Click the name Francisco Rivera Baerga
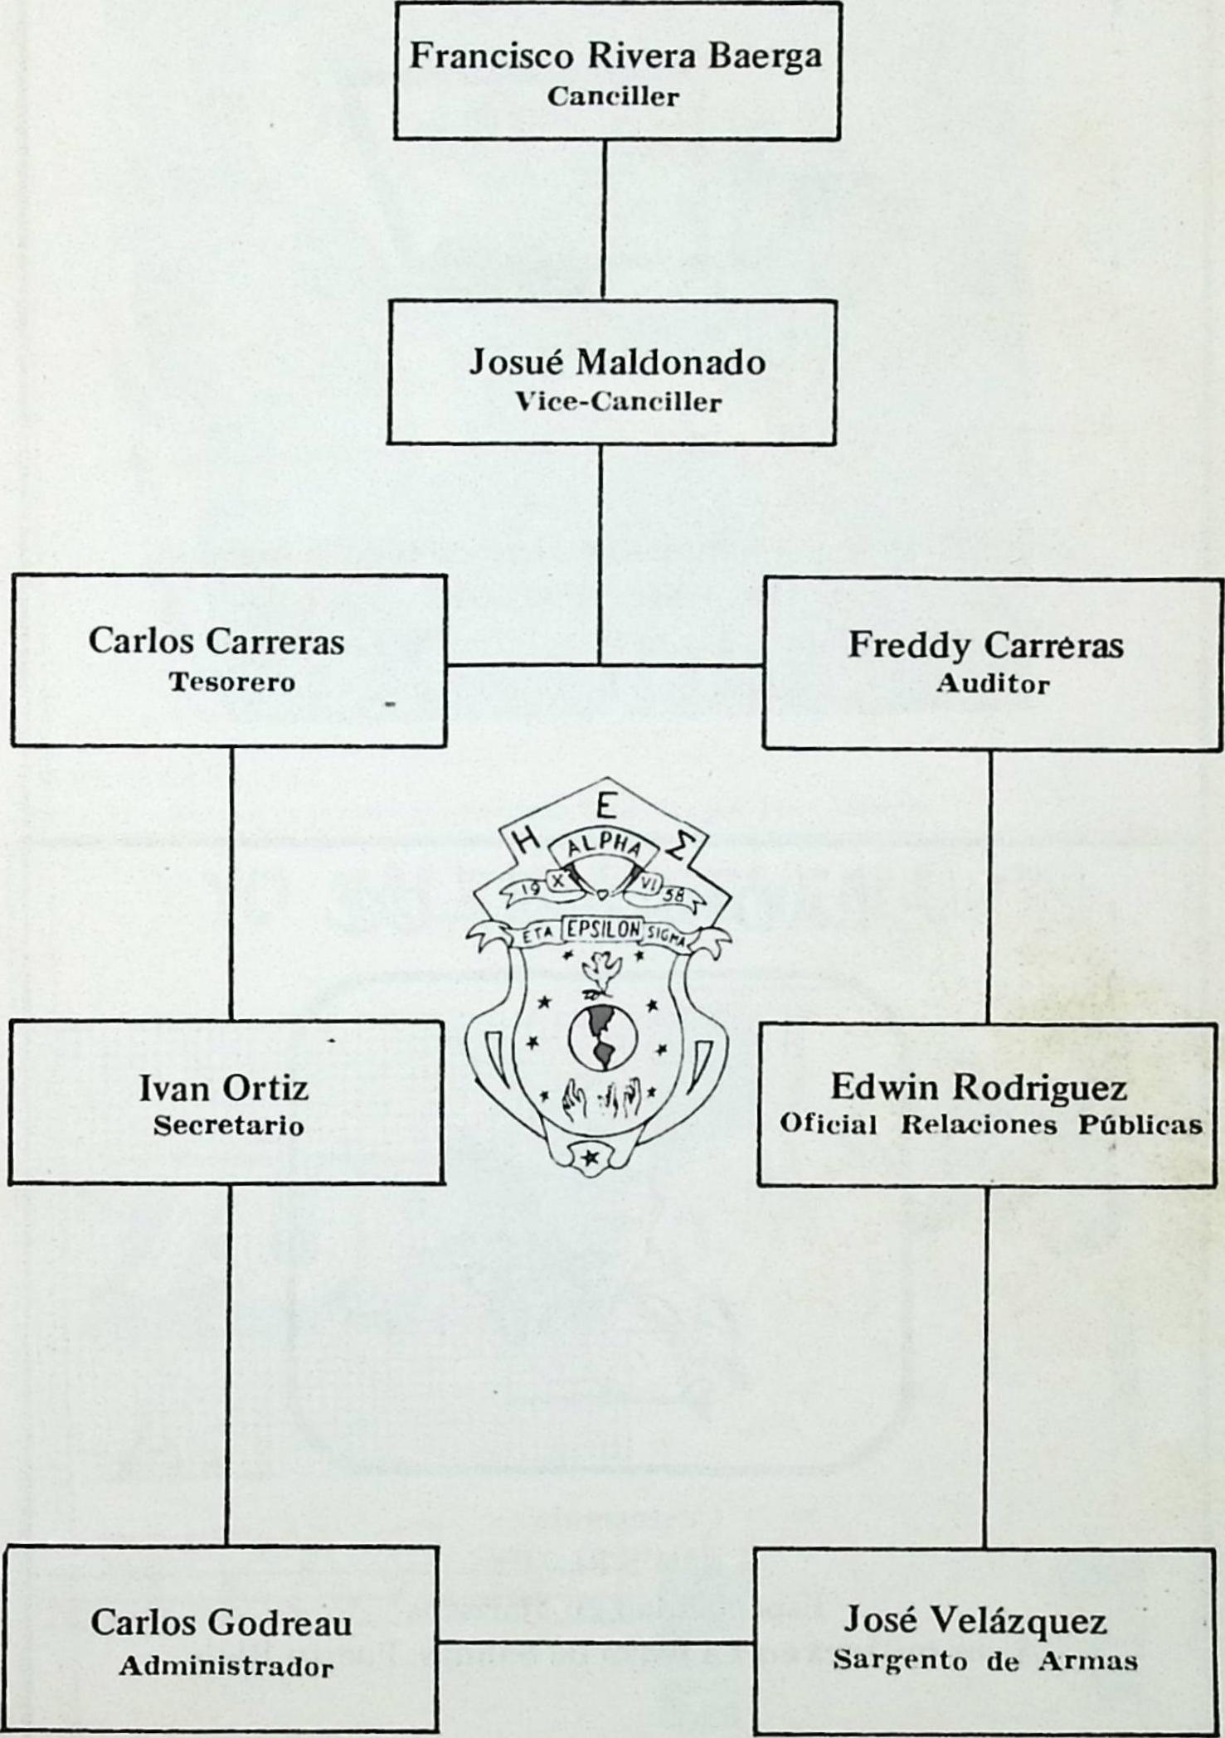coord(616,57)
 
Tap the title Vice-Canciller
coord(617,403)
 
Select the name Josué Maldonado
coord(617,362)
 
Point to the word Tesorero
coord(232,682)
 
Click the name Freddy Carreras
coord(984,645)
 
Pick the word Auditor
coord(992,684)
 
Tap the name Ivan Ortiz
coord(224,1087)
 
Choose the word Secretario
coord(228,1126)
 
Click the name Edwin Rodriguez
coord(979,1087)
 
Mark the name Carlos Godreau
coord(221,1623)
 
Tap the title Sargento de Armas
coord(985,1661)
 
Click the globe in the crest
coord(602,1037)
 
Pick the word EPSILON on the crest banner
coord(602,930)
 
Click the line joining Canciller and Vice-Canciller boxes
coord(603,220)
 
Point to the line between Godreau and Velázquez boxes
coord(596,1641)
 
